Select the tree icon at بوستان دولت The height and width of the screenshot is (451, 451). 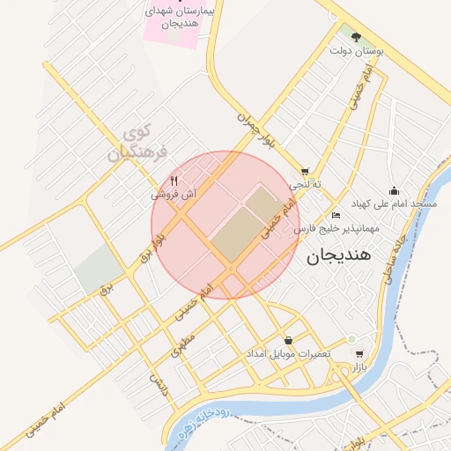(x=356, y=37)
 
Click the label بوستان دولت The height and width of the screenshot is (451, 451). (x=356, y=52)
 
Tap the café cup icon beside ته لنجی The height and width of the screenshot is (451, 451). (x=305, y=172)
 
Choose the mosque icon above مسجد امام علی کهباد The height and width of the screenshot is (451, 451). (x=393, y=190)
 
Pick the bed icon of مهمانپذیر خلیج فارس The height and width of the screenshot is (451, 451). (x=336, y=215)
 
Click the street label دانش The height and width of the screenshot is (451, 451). (x=158, y=381)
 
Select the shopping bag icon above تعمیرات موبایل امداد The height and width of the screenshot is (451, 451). (x=288, y=340)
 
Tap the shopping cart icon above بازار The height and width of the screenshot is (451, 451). (x=359, y=340)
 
